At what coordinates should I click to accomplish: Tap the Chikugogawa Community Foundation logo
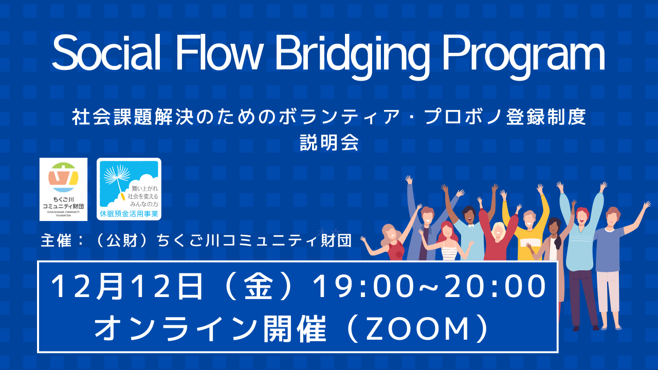point(63,189)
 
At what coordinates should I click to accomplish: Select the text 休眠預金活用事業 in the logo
point(129,213)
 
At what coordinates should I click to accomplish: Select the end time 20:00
point(488,287)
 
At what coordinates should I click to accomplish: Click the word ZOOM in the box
point(416,329)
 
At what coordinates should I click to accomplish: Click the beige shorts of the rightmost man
point(608,290)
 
